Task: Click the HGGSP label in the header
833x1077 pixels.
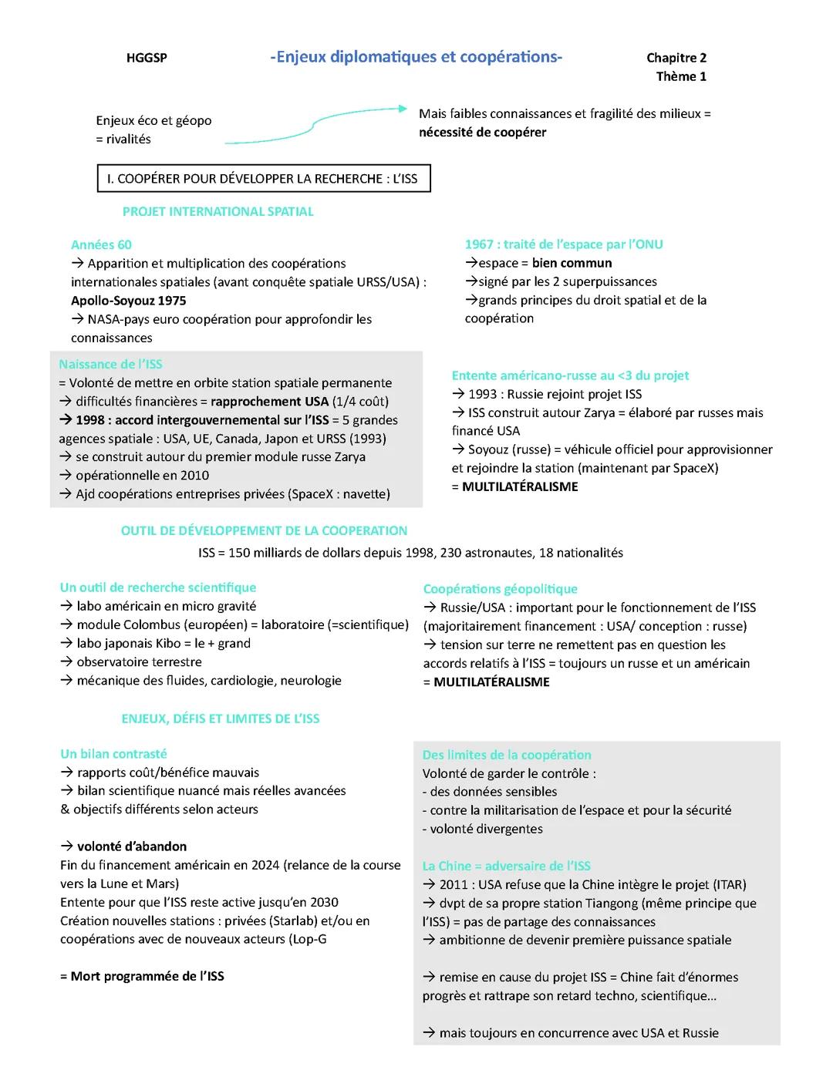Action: pos(147,58)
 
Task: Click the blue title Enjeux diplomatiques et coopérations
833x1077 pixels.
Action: pos(416,57)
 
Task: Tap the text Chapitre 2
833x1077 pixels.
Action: pos(676,58)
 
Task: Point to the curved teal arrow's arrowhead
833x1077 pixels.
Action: pos(402,109)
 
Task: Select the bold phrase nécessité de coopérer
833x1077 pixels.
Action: pos(482,132)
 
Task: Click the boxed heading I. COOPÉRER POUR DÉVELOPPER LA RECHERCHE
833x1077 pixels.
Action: pos(263,178)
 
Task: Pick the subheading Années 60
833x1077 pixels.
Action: pos(101,244)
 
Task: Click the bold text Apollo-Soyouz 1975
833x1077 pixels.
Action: pos(128,301)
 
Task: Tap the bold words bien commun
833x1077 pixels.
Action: pos(572,263)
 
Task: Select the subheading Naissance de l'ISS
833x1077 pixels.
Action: pos(110,364)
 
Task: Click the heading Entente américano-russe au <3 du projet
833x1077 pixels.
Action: pos(570,375)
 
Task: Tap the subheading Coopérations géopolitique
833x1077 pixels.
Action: pos(500,589)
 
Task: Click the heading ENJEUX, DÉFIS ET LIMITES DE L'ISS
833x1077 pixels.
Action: pos(220,719)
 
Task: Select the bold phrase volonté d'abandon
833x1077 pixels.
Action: pos(132,846)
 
